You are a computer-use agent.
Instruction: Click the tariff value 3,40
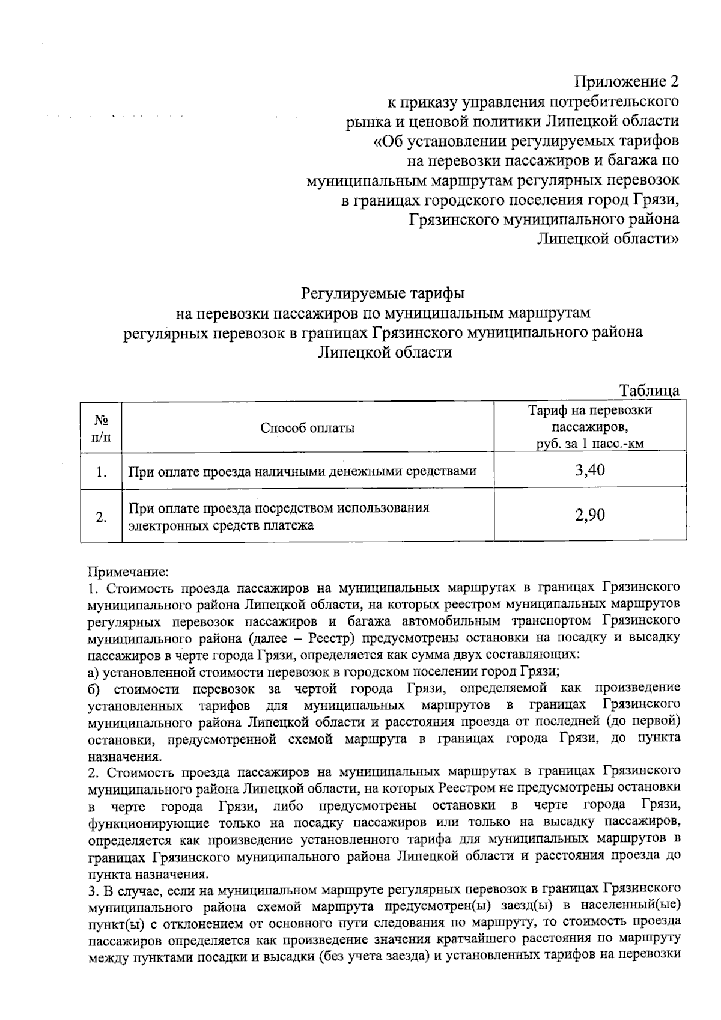point(589,470)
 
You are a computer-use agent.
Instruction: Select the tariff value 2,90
point(589,515)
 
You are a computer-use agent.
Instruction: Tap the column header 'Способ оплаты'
point(308,428)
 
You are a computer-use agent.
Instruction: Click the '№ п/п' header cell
point(101,428)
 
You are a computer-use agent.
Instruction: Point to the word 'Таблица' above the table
point(650,391)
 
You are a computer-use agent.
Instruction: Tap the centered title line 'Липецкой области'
point(385,352)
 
